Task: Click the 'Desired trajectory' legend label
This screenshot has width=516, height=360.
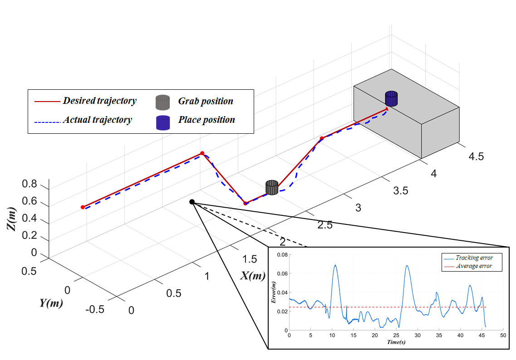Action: pos(99,101)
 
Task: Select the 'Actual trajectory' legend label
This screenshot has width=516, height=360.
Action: pos(97,120)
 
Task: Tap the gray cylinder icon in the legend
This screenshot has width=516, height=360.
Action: pos(162,102)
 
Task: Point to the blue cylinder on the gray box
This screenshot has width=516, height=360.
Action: pos(391,98)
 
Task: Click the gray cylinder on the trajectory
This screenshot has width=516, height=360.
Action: pos(272,187)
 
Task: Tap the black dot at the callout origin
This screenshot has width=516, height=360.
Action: pos(192,202)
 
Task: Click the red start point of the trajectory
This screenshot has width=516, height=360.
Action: pos(83,207)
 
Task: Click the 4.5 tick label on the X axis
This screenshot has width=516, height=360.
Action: pos(475,157)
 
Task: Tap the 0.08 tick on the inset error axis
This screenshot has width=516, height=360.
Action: pos(281,255)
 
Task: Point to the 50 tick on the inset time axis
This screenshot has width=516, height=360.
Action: pos(502,336)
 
